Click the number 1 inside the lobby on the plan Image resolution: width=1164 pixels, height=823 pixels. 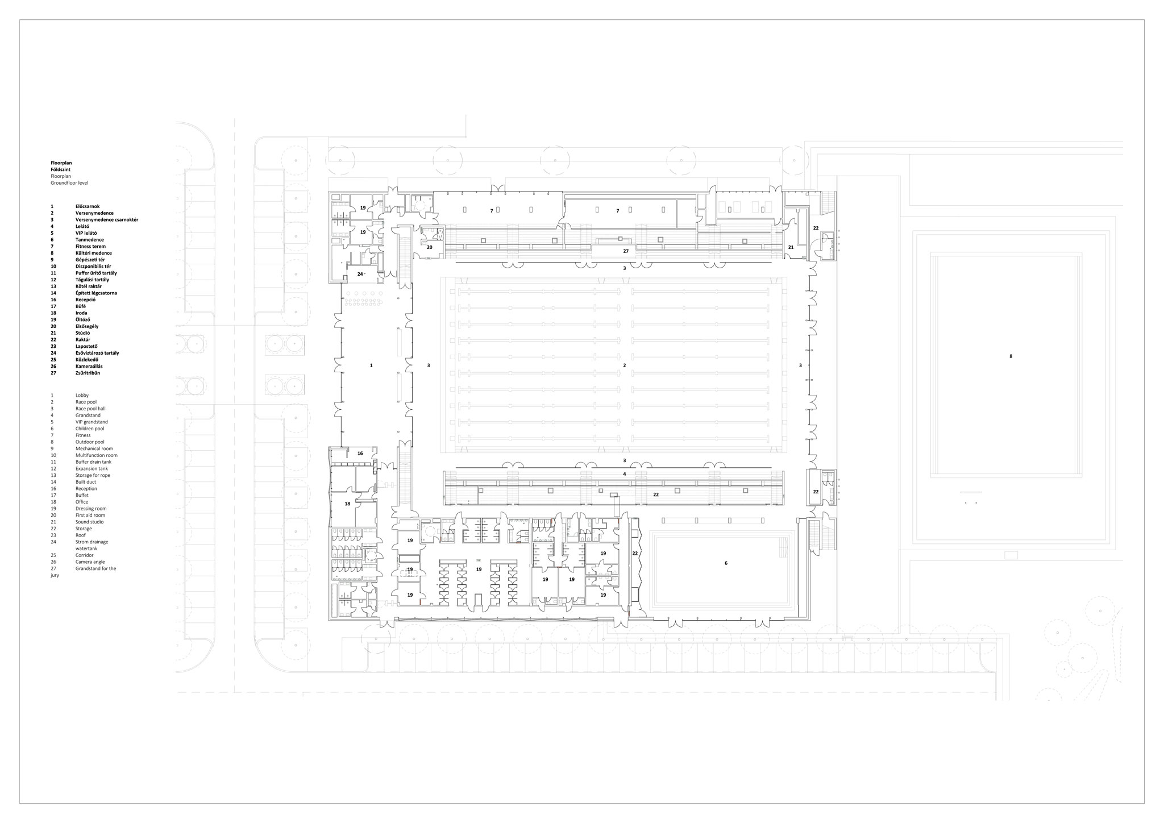pyautogui.click(x=371, y=365)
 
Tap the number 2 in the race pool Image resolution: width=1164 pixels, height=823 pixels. pyautogui.click(x=625, y=365)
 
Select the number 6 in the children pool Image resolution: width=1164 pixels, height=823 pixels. pyautogui.click(x=726, y=563)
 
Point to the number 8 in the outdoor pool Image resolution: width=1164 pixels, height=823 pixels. pyautogui.click(x=1011, y=356)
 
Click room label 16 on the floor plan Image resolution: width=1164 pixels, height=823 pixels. pyautogui.click(x=360, y=454)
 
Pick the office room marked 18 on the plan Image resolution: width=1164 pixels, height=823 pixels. pyautogui.click(x=347, y=504)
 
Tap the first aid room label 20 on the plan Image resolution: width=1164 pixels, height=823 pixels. pyautogui.click(x=430, y=247)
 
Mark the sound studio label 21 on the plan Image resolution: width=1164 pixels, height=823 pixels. pyautogui.click(x=791, y=247)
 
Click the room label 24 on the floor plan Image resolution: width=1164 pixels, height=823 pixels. pyautogui.click(x=360, y=274)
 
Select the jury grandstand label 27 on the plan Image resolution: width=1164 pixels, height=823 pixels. pyautogui.click(x=626, y=251)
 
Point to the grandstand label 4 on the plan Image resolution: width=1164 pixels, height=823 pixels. pyautogui.click(x=625, y=474)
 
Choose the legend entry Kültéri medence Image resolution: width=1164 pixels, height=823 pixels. pyautogui.click(x=94, y=253)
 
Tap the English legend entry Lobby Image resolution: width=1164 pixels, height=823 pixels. pyautogui.click(x=82, y=395)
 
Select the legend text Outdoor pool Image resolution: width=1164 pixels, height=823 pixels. pyautogui.click(x=90, y=442)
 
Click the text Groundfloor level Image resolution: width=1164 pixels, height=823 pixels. pyautogui.click(x=69, y=183)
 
